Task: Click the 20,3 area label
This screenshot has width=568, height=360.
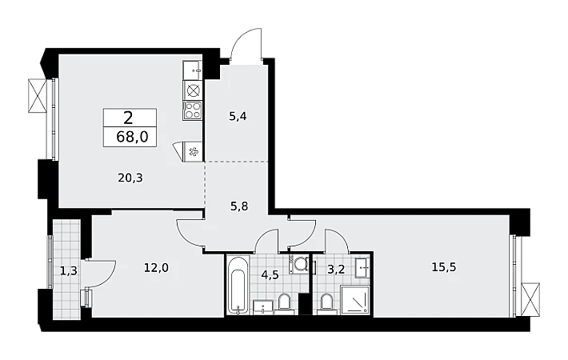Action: (130, 178)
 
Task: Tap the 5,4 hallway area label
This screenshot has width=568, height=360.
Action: (238, 117)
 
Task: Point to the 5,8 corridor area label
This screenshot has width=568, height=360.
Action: (239, 206)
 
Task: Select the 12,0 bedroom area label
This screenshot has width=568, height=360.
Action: (157, 268)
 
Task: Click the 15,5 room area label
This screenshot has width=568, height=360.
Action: (444, 267)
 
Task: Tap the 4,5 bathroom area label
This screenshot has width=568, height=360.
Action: (270, 274)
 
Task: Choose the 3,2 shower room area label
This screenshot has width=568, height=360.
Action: (336, 270)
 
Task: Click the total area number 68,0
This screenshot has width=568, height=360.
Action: (132, 138)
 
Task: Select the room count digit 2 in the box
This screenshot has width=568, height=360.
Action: (128, 118)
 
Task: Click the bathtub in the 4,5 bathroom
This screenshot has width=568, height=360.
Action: (238, 286)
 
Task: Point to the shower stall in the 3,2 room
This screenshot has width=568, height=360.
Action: (355, 300)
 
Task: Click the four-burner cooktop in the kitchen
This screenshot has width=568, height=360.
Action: (192, 110)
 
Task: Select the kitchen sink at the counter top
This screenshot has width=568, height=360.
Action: (192, 70)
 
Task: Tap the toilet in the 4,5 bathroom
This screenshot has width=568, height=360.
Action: (284, 303)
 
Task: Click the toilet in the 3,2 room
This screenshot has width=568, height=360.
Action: (326, 303)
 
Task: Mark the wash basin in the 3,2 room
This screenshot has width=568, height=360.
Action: (362, 268)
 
